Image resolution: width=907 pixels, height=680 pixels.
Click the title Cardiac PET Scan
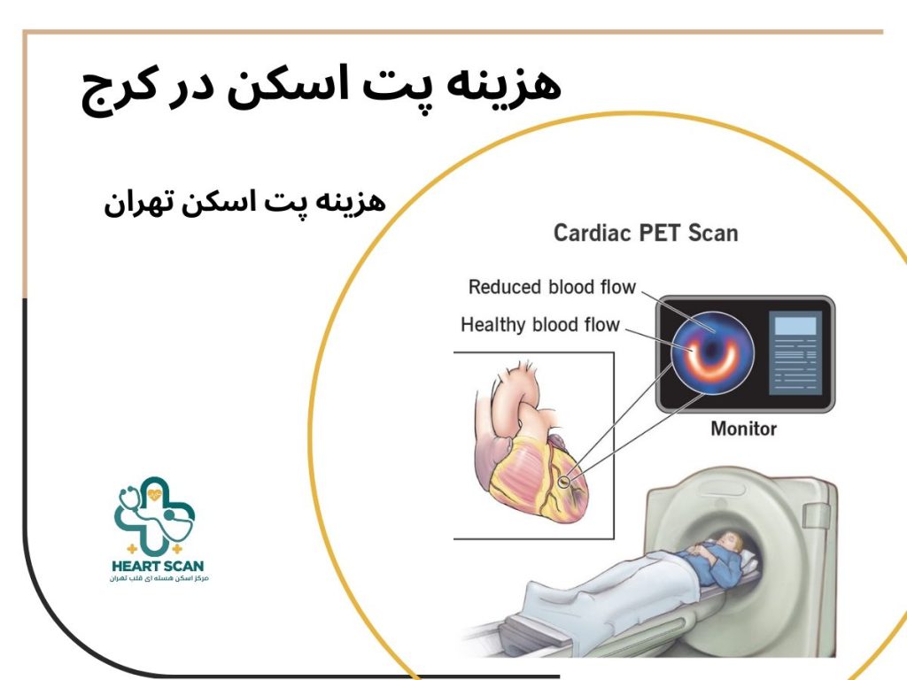pos(645,234)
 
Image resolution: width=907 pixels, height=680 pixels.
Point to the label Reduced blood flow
pos(552,287)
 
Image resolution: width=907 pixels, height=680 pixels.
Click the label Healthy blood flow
pos(539,325)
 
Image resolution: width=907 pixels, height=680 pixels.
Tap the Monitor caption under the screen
pos(743,429)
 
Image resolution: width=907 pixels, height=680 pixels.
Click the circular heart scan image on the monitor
pos(711,352)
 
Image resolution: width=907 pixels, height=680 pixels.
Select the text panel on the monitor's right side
pos(795,353)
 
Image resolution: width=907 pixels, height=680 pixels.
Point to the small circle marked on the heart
pos(566,482)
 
